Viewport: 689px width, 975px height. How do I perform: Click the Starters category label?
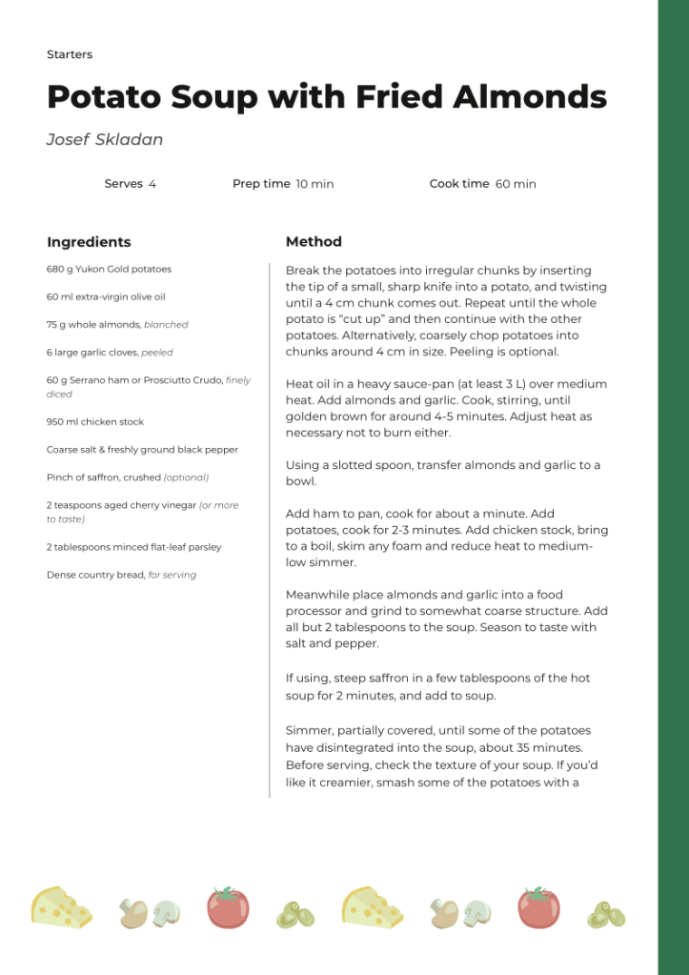[x=70, y=55]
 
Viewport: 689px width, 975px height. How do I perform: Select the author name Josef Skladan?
[x=105, y=140]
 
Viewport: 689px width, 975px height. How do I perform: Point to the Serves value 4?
[x=152, y=184]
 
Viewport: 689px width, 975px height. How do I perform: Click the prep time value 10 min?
[x=314, y=184]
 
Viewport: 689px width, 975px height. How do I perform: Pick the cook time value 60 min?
[x=516, y=184]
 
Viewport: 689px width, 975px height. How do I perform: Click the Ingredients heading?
[x=89, y=242]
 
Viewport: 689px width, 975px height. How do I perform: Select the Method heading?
[x=314, y=242]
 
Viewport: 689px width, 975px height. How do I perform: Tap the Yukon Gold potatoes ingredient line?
[x=109, y=270]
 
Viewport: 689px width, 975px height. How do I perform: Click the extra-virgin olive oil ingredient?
[x=106, y=297]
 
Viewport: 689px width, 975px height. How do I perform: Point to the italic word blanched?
[x=166, y=325]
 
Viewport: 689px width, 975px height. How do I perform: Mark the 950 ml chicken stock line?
[x=95, y=422]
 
